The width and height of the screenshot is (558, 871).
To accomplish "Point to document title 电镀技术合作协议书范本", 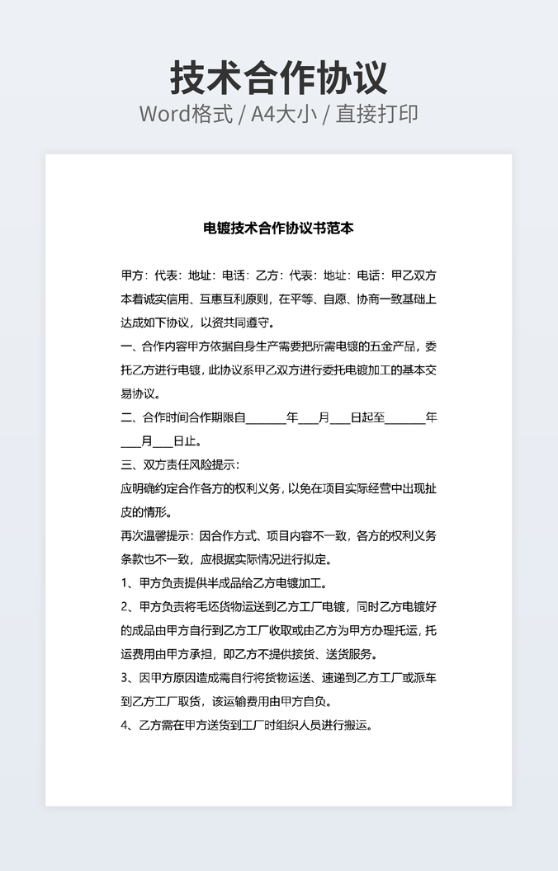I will pos(279,228).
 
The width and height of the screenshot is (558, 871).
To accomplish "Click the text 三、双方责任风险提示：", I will pos(180,465).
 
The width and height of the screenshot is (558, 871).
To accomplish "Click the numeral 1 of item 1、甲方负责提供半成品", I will pos(125,584).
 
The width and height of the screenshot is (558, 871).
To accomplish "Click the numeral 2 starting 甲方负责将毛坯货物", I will pos(125,607).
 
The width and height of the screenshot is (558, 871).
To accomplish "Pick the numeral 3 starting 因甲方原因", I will pos(125,678).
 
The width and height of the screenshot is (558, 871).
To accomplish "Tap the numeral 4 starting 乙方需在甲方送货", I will pos(125,726).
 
